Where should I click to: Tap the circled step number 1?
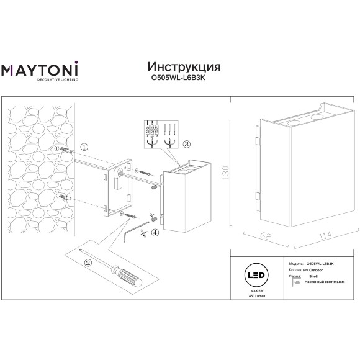(84, 146)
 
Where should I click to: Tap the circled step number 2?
(88, 262)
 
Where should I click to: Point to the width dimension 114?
(305, 236)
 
